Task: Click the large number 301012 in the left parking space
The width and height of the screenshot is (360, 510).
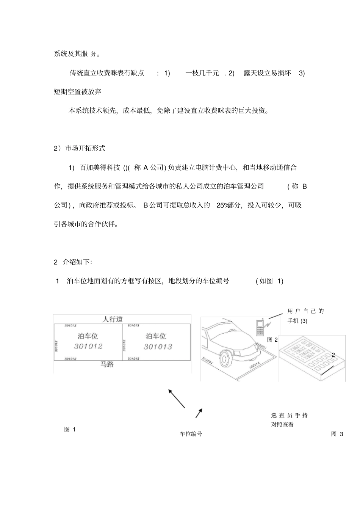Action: tap(88, 346)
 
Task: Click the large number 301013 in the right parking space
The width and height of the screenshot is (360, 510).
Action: tap(158, 347)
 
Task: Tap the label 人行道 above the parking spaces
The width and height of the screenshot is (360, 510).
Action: tap(113, 319)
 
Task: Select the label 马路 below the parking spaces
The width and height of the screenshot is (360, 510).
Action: tap(107, 365)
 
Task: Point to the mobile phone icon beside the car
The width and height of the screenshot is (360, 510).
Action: tap(260, 328)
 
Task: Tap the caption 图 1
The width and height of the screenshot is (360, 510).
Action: tap(70, 429)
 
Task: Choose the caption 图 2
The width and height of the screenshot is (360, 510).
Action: tap(272, 340)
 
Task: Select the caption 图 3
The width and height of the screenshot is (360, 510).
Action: tap(337, 434)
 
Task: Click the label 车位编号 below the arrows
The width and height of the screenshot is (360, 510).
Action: tap(191, 434)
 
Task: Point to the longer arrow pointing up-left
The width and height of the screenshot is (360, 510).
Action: tap(176, 398)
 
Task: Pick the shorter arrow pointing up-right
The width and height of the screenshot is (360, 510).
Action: tap(199, 413)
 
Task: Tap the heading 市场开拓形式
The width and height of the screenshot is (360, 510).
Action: tap(85, 148)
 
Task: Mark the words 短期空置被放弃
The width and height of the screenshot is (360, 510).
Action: tap(78, 92)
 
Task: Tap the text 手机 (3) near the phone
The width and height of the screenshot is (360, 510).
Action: tap(297, 321)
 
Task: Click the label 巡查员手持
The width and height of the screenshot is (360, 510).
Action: tap(290, 416)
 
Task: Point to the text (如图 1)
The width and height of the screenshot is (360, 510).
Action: tap(269, 281)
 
